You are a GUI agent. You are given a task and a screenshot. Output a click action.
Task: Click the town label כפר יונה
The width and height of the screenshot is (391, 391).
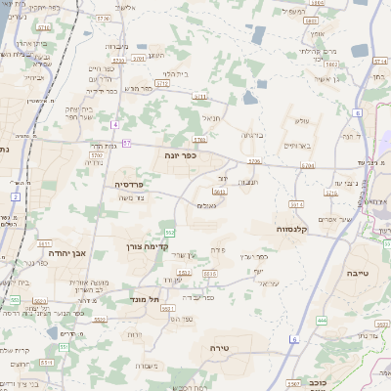(184, 154)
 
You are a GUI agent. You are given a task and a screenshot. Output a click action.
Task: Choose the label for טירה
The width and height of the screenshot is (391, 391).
(218, 348)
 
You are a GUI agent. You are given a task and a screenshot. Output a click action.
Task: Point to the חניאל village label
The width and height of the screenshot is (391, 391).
(210, 118)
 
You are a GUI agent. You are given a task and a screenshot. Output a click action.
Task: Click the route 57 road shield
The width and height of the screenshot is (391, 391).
(127, 144)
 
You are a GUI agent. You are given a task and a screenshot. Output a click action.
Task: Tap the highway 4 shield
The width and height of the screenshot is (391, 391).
(114, 124)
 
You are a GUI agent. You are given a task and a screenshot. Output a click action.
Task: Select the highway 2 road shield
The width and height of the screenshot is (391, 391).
(16, 196)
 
